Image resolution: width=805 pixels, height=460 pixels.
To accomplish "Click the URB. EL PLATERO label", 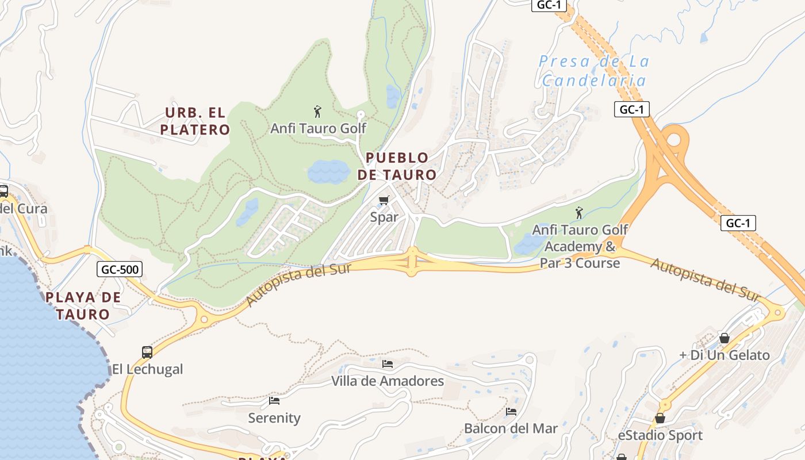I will (195, 121).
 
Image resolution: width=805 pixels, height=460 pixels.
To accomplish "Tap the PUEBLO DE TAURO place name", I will (397, 166).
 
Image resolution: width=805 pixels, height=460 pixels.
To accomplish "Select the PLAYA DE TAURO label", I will (83, 305).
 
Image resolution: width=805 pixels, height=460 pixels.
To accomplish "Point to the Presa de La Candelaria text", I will (594, 71).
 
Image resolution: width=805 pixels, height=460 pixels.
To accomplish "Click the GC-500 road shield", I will (119, 269).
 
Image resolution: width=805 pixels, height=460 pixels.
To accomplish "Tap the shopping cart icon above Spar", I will (384, 201).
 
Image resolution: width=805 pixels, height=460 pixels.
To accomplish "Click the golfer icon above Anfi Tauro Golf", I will (317, 111).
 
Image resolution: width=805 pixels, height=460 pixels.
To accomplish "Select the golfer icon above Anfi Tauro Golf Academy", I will (579, 213).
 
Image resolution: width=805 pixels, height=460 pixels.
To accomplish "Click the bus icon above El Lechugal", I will (147, 352).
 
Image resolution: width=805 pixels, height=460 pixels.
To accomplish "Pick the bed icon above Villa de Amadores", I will (388, 364).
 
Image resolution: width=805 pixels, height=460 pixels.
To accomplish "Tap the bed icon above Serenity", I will (274, 401).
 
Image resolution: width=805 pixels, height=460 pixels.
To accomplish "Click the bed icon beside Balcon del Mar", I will (511, 412).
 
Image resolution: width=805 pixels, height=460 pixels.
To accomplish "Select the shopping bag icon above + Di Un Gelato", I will (724, 338).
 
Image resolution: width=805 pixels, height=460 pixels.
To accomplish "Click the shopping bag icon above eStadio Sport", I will (660, 418).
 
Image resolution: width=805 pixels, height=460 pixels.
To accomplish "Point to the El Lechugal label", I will (147, 369).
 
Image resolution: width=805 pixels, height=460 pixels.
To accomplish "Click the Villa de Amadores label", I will (388, 381).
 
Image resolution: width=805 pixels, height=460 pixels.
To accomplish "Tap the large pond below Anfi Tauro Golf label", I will (328, 171).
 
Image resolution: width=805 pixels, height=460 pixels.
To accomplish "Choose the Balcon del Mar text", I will (511, 428).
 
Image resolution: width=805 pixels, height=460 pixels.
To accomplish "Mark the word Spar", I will (384, 218).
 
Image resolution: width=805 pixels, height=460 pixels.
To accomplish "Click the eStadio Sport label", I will (660, 435).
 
